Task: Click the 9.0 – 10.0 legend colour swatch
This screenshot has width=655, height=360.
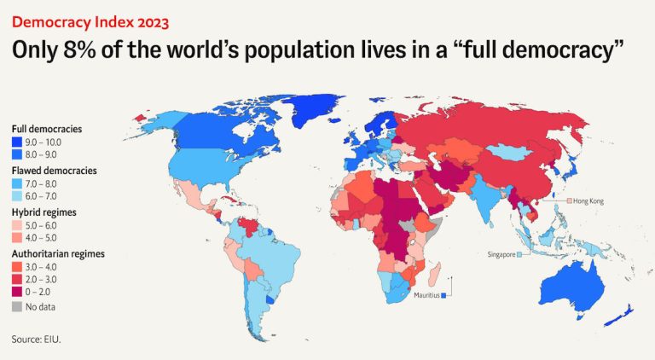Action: click(x=16, y=141)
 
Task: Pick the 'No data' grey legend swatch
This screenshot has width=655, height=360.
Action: click(x=16, y=305)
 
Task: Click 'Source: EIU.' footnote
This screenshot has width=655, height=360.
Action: click(x=37, y=340)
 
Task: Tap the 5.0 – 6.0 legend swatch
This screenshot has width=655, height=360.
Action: click(x=16, y=224)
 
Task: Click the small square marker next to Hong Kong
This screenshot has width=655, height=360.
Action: click(x=568, y=200)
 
